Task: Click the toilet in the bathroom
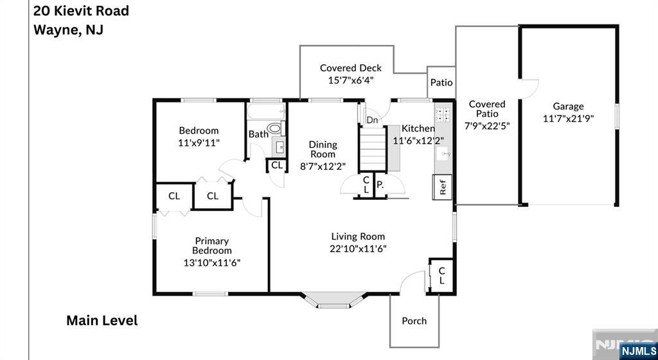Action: [x=275, y=127]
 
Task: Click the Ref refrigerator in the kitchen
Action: [x=443, y=187]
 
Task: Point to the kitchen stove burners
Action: [x=442, y=115]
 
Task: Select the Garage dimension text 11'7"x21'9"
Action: [x=568, y=119]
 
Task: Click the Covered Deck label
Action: [x=351, y=68]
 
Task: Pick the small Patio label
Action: [x=441, y=82]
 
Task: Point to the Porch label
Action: [x=414, y=321]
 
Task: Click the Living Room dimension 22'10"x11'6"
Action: [x=358, y=248]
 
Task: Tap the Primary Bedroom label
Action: [x=212, y=246]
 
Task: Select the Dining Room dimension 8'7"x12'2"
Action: [x=323, y=166]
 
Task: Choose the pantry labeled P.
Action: [x=380, y=184]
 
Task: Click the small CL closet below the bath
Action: [x=277, y=165]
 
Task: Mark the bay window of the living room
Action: [x=333, y=300]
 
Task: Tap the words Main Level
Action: [x=102, y=321]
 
